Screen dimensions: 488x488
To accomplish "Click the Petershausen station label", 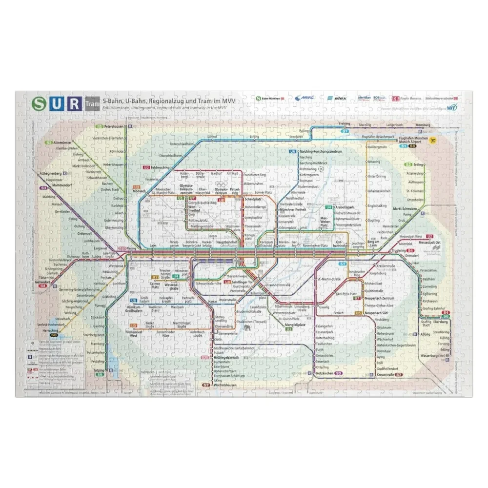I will click(x=117, y=126).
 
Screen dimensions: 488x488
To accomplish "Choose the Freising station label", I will click(x=346, y=124).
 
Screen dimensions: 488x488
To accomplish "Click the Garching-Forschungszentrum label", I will click(x=322, y=152).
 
